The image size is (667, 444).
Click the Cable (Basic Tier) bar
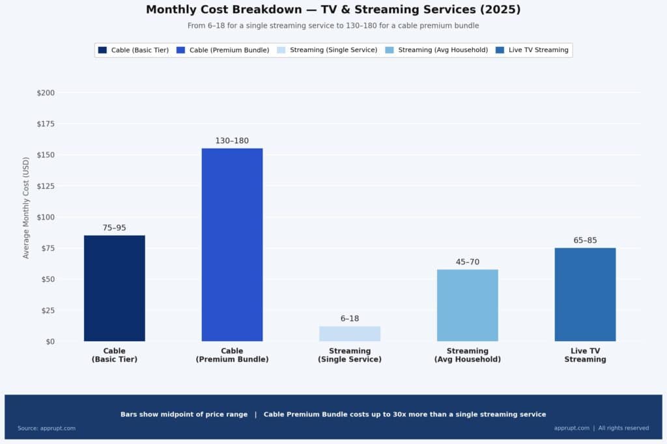point(115,288)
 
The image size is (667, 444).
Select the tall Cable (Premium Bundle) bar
point(232,244)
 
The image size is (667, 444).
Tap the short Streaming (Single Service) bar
point(350,333)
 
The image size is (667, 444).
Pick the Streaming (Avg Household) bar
point(467,305)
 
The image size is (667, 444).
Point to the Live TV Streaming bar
point(585,294)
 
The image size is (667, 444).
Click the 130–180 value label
point(232,141)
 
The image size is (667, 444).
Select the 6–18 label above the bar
point(350,318)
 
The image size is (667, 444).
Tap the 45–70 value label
point(467,262)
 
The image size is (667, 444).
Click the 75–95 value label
point(115,228)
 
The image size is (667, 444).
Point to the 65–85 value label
point(585,240)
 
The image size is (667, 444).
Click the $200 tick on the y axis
point(46,93)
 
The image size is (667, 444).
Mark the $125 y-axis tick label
point(46,186)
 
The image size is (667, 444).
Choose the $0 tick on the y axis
point(50,341)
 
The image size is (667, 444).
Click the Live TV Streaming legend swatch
point(500,50)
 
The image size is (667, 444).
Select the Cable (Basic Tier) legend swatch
point(102,50)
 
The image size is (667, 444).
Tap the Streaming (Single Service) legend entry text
point(333,50)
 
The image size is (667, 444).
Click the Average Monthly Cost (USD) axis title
point(26,208)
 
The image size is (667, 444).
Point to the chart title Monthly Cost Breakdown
point(333,10)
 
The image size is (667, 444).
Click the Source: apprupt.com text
point(46,428)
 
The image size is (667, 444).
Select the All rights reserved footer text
point(623,428)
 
